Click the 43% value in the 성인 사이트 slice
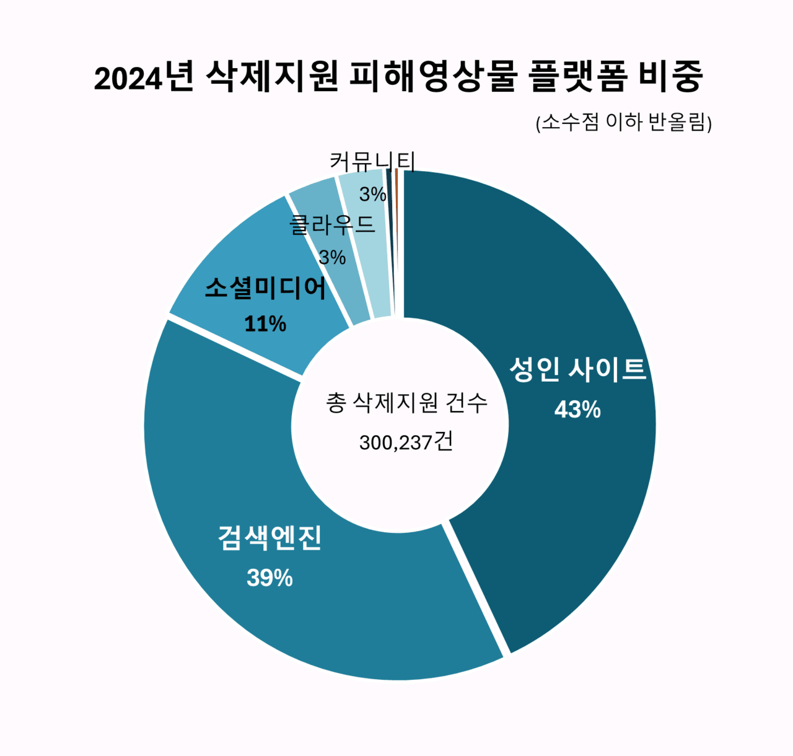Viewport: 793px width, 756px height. pyautogui.click(x=577, y=410)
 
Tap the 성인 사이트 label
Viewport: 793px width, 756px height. pyautogui.click(x=577, y=370)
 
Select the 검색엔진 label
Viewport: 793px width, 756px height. pyautogui.click(x=269, y=537)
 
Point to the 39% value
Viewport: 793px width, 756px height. pyautogui.click(x=269, y=578)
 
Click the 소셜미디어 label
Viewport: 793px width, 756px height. pyautogui.click(x=265, y=288)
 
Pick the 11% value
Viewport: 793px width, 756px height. pyautogui.click(x=265, y=323)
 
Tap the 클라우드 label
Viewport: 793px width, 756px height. pyautogui.click(x=332, y=224)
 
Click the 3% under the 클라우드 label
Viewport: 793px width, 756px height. pyautogui.click(x=332, y=257)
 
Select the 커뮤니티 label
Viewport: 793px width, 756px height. pyautogui.click(x=372, y=162)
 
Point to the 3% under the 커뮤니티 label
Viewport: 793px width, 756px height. pyautogui.click(x=372, y=194)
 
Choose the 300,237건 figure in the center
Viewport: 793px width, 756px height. pyautogui.click(x=406, y=442)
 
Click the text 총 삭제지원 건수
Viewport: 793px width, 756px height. pyautogui.click(x=406, y=403)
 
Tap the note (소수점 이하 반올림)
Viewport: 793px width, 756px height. pyautogui.click(x=623, y=122)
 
